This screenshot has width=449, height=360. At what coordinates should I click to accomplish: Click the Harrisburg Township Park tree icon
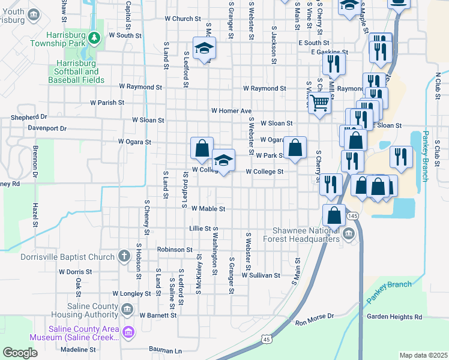point(94,38)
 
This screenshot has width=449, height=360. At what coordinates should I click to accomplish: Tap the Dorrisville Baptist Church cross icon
point(124,256)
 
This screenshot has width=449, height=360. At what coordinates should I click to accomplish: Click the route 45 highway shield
point(265,340)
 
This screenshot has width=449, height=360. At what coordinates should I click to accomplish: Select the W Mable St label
point(208,209)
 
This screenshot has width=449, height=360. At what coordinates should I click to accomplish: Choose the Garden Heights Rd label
point(394,317)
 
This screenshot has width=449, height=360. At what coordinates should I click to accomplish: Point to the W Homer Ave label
point(231,111)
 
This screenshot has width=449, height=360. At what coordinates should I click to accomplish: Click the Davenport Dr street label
point(47,128)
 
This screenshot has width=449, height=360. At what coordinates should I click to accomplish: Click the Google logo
point(20,352)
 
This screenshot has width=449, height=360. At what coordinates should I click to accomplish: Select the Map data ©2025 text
point(423,355)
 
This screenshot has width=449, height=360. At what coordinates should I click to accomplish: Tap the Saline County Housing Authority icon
point(127,310)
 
